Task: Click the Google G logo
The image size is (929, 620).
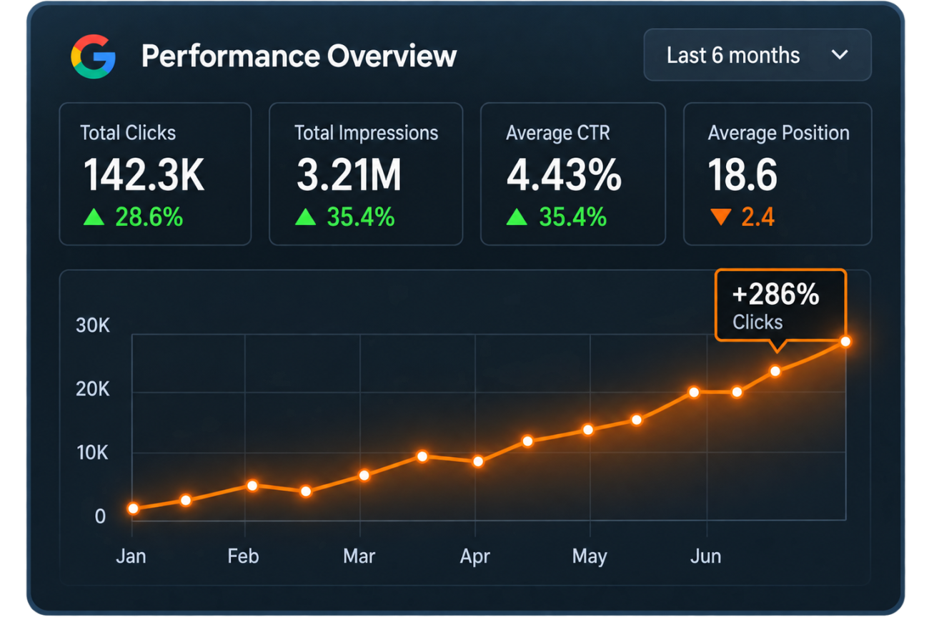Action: tap(94, 56)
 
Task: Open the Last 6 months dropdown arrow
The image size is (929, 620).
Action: tap(840, 55)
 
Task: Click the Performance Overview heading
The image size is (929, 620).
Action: tap(299, 56)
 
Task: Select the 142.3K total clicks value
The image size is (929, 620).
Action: tap(144, 174)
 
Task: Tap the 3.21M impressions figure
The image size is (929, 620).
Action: tap(349, 174)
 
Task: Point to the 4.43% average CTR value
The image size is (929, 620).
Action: tap(564, 174)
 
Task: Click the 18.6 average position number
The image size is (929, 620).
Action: tap(742, 174)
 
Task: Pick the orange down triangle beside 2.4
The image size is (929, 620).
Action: tap(721, 216)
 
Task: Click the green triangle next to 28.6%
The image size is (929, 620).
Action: tap(94, 217)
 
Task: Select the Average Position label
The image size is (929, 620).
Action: tap(778, 133)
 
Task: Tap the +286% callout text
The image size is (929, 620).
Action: tap(776, 294)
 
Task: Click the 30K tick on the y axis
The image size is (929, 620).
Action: tap(92, 325)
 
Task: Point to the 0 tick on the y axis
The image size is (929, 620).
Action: tap(100, 516)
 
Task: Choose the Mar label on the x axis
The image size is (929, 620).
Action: tap(359, 556)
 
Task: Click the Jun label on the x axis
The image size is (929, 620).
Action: tap(705, 556)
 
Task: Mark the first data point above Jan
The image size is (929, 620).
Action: tap(133, 508)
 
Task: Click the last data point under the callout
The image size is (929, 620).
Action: tap(845, 342)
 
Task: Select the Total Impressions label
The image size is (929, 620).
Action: tap(366, 133)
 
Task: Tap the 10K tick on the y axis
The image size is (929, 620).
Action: tap(92, 453)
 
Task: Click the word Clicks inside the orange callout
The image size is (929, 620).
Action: tap(757, 322)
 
